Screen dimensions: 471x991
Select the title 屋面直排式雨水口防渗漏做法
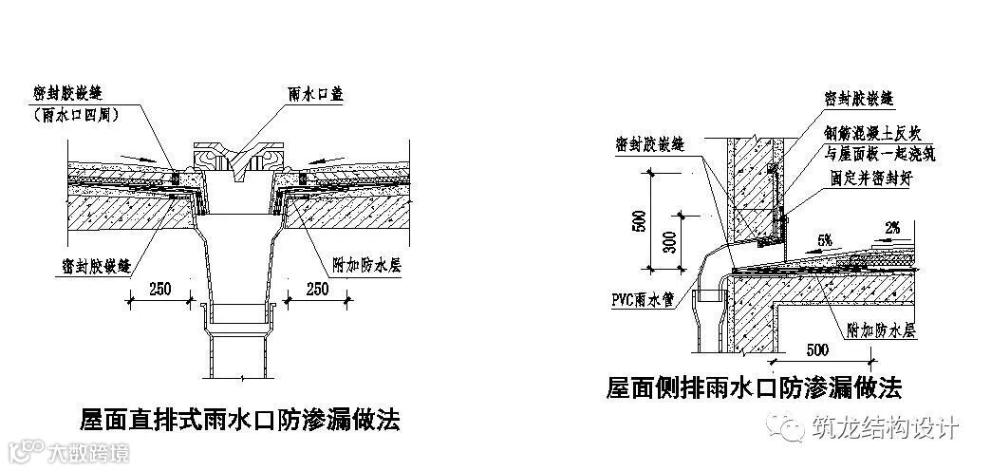pos(239,418)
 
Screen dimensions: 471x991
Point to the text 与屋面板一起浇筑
pos(876,154)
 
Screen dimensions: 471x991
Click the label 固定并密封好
pos(866,179)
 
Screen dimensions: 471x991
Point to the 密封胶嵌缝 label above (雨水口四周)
pos(67,92)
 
